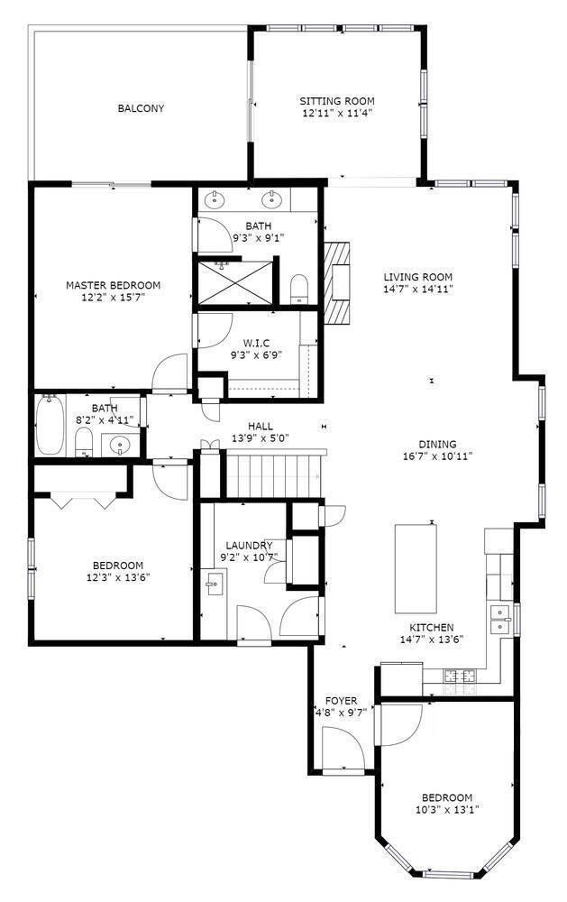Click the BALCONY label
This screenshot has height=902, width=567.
pos(141,108)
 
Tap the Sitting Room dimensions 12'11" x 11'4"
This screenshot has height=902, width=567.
pos(337,114)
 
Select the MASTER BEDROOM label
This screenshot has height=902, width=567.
pos(114,285)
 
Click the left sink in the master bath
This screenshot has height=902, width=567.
pos(215,199)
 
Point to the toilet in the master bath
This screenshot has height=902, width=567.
pos(299,288)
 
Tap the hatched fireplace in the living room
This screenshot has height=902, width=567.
pos(336,282)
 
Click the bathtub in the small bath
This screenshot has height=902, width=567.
pos(50,425)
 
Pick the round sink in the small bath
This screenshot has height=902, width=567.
pos(120,444)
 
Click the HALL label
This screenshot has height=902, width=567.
pos(261,427)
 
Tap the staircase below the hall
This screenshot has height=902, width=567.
pos(274,474)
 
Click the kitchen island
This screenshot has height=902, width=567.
pos(416,568)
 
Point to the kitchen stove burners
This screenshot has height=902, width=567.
pos(460,676)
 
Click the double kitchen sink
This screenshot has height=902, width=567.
pos(501,619)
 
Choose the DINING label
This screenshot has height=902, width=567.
pos(437,444)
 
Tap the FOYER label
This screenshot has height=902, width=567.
pos(341,701)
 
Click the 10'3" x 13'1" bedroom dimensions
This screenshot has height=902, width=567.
pos(447,809)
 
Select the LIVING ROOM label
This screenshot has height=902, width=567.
pos(418,277)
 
